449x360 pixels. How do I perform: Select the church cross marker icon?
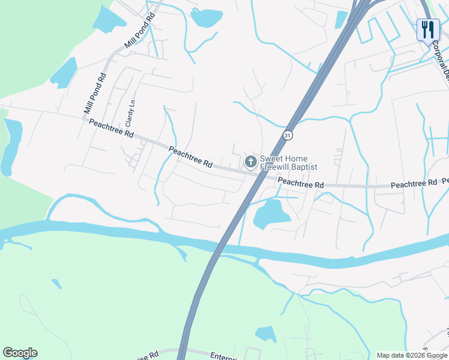point(250,161)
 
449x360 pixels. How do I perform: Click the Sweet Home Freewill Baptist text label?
point(288,163)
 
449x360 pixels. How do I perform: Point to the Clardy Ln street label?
point(131,112)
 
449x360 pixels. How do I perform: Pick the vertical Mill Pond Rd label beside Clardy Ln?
point(95,94)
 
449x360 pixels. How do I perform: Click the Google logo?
point(20,353)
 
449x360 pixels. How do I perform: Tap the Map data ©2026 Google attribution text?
point(412,355)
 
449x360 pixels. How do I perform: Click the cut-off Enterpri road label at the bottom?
point(225,356)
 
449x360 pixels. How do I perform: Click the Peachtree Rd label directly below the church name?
point(301,182)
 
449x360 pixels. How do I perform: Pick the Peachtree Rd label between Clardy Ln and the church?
point(190,157)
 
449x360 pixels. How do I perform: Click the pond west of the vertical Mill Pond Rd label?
point(64,74)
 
